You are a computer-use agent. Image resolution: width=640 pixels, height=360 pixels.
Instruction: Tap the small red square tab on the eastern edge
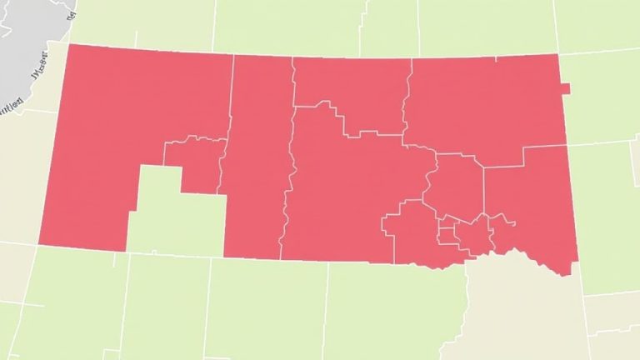566,89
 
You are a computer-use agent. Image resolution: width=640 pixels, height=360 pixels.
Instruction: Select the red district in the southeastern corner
533,200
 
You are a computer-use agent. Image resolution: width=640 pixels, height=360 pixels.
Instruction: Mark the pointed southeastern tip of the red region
570,273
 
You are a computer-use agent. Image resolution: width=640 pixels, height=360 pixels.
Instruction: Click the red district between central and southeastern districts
455,183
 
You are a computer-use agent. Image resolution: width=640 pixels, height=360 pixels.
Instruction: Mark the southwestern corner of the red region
40,243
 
